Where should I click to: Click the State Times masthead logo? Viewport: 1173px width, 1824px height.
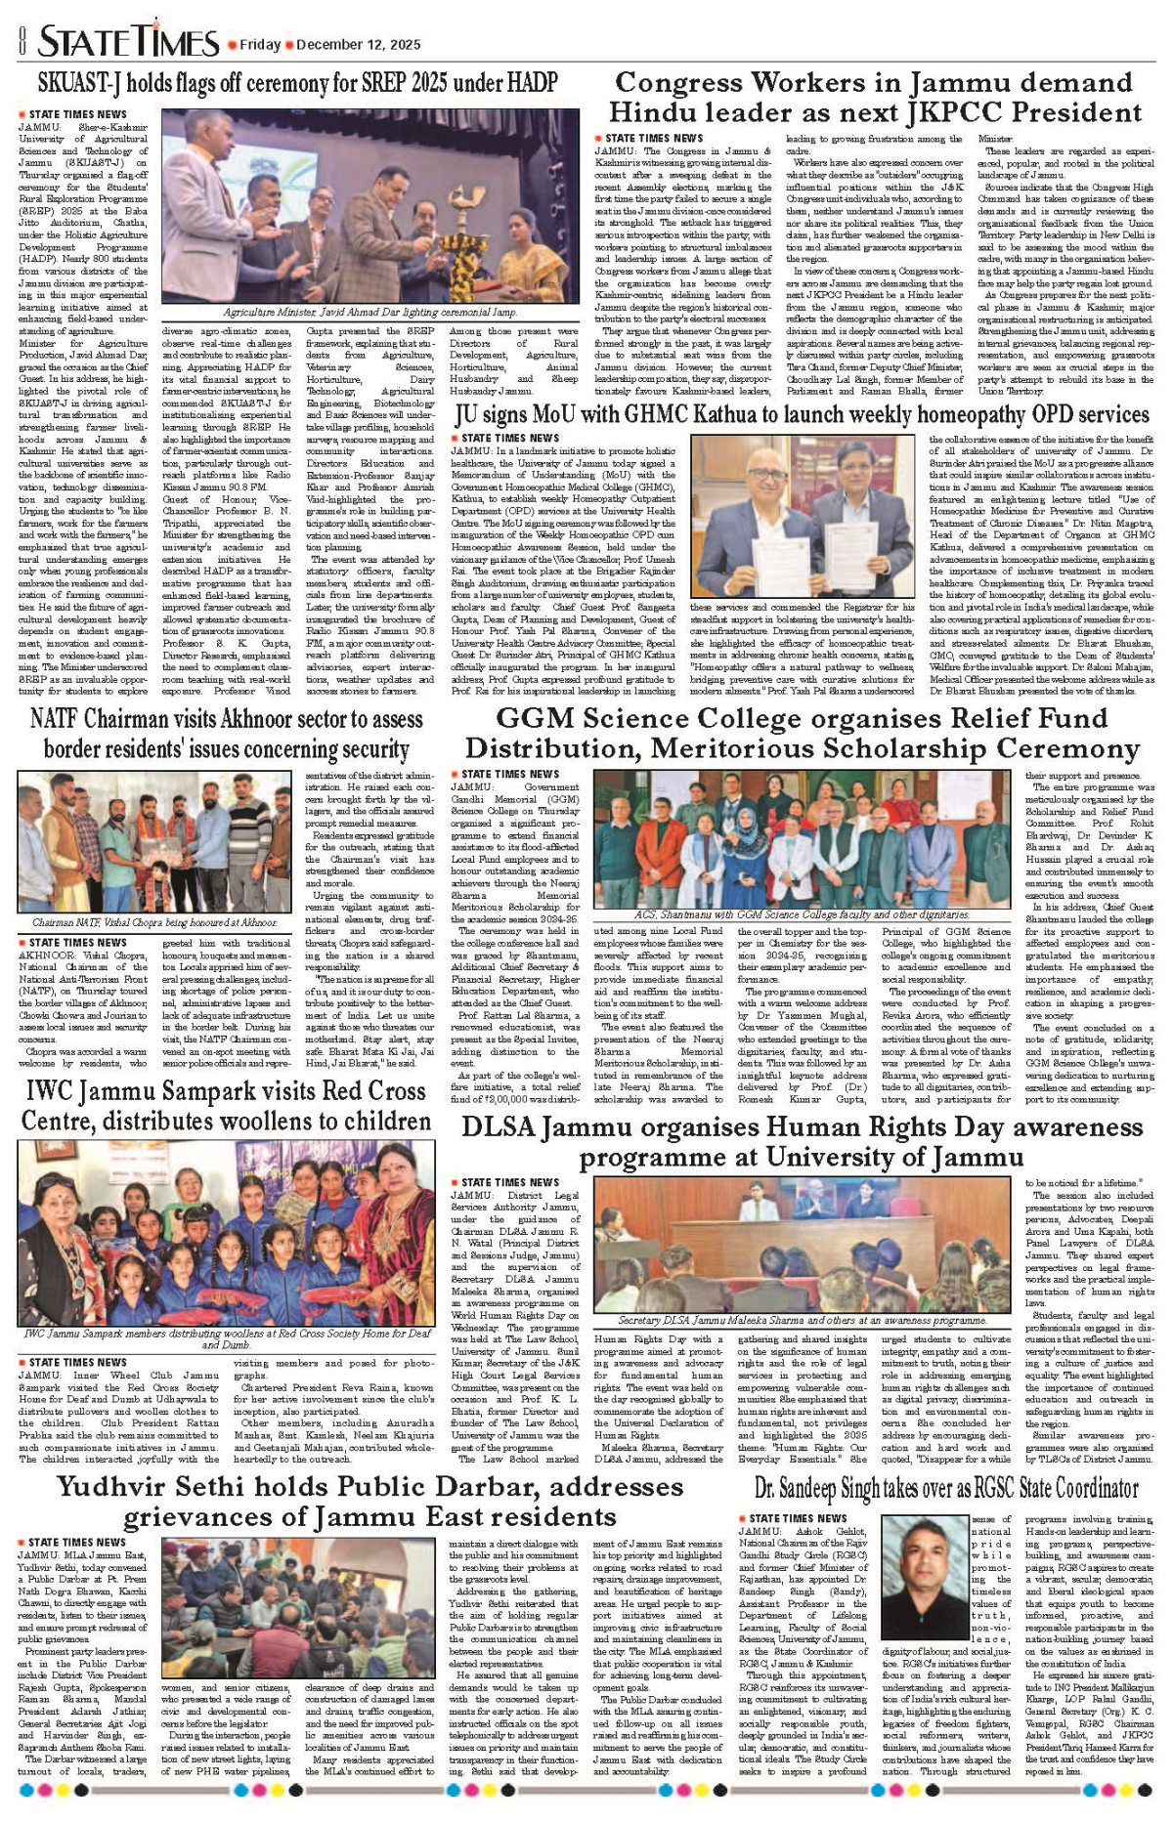point(129,42)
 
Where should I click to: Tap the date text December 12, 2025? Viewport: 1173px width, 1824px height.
point(358,45)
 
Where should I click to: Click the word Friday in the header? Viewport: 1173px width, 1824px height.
point(260,45)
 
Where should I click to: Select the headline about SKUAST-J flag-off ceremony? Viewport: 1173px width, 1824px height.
point(298,82)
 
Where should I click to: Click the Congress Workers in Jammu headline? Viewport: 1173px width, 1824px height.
point(875,98)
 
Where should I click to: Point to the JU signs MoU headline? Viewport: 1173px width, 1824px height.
point(802,415)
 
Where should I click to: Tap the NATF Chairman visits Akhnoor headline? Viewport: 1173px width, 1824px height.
point(227,734)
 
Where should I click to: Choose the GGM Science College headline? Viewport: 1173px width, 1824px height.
point(802,734)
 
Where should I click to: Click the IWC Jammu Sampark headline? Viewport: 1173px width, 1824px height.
point(227,1105)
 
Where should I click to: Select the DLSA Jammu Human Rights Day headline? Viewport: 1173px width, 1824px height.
point(802,1142)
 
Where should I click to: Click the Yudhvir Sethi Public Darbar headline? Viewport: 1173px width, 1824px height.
point(369,1502)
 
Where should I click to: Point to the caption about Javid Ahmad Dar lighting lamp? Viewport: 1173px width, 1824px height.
point(369,313)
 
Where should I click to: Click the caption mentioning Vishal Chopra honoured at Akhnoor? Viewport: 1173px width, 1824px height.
point(154,922)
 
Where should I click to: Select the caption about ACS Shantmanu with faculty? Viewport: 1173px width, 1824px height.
point(802,915)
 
